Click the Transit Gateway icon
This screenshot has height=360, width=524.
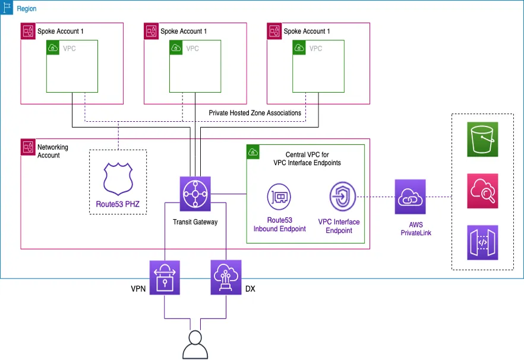tap(195, 193)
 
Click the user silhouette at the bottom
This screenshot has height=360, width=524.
tap(195, 345)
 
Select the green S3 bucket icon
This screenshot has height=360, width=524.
tap(482, 140)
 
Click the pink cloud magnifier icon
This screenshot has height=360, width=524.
tap(482, 191)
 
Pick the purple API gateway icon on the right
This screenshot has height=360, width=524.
tap(482, 242)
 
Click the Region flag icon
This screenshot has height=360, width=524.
tap(8, 8)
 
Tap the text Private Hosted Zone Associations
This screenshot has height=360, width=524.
tap(255, 113)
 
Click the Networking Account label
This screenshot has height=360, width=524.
tap(53, 151)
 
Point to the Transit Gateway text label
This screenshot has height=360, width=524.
tap(195, 222)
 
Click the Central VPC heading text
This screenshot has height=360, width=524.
tap(307, 159)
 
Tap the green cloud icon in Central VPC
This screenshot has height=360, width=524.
tap(252, 152)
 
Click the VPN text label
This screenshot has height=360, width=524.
tap(138, 289)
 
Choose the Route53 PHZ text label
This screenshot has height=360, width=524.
tap(118, 205)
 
